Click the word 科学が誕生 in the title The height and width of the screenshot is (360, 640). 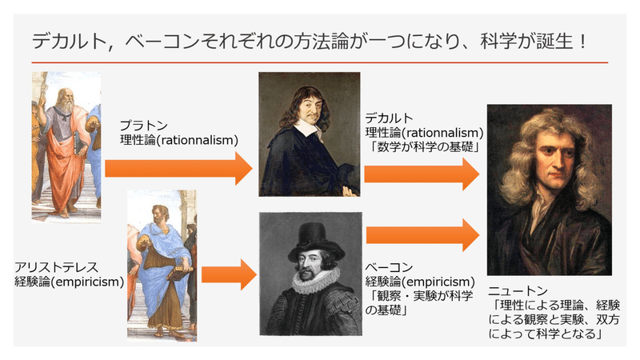(x=527, y=42)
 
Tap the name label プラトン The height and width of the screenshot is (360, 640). (x=144, y=126)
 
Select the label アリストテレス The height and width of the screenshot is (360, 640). (x=56, y=267)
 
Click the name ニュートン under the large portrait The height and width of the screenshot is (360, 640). (x=518, y=290)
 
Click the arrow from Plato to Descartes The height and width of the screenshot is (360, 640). (x=178, y=168)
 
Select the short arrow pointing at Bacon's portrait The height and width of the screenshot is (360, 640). (x=229, y=274)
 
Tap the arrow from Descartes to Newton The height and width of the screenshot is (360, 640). (x=422, y=174)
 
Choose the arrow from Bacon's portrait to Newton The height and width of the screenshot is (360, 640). (x=423, y=235)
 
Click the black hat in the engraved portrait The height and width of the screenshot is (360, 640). (x=311, y=242)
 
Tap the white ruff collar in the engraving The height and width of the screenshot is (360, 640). (x=315, y=281)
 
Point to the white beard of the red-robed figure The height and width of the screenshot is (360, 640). (x=65, y=108)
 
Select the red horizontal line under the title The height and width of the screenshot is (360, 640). (x=319, y=62)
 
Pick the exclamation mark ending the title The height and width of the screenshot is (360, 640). (x=582, y=42)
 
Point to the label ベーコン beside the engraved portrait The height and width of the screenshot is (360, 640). (x=389, y=267)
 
